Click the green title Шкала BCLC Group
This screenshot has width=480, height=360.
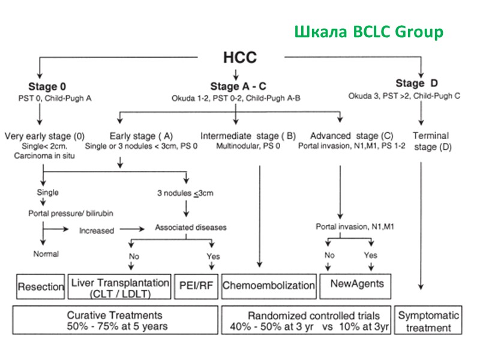click(x=368, y=31)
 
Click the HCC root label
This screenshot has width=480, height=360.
click(x=240, y=58)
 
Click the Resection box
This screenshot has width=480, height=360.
click(x=41, y=286)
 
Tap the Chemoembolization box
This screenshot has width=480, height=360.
click(x=268, y=286)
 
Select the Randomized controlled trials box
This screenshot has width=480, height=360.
click(x=306, y=321)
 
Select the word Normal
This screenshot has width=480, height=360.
click(x=46, y=254)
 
